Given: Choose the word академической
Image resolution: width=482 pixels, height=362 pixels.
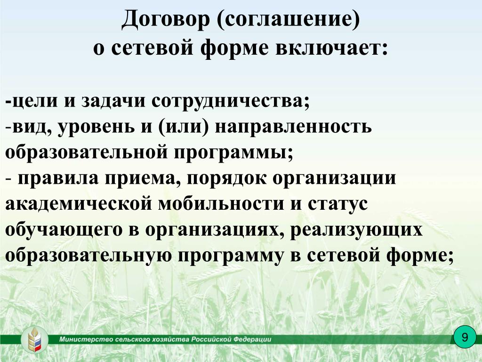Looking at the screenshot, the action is tap(79, 204).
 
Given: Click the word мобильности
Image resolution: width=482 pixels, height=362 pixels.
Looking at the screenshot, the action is tap(221, 204).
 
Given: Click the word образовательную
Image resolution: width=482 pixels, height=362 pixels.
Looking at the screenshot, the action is tap(88, 255).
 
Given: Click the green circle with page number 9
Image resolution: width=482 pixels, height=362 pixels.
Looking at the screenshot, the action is tap(465, 337).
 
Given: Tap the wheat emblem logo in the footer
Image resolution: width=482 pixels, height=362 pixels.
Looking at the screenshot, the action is tap(34, 339).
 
